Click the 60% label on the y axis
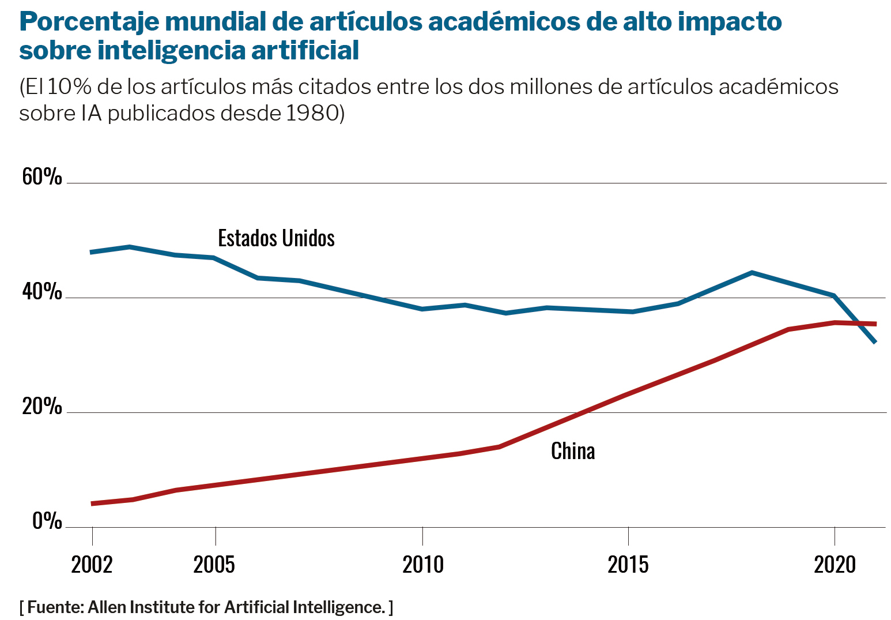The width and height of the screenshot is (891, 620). click(x=41, y=176)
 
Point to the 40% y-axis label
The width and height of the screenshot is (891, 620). click(x=41, y=292)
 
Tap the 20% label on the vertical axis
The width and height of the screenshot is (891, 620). click(x=41, y=407)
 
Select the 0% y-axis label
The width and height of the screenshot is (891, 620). click(x=47, y=521)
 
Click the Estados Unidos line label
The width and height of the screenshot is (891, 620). click(x=276, y=238)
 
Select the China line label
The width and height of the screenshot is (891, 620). click(x=573, y=451)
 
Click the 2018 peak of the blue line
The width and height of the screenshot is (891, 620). click(x=752, y=272)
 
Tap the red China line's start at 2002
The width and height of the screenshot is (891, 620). click(x=92, y=503)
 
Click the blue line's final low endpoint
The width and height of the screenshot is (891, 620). click(x=875, y=342)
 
